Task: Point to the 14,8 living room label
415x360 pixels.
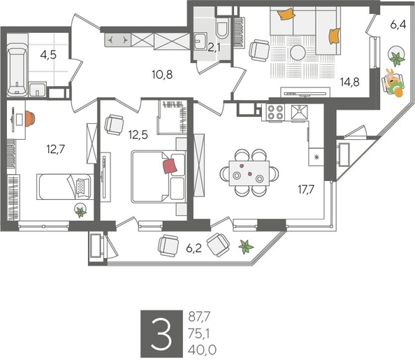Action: point(350,81)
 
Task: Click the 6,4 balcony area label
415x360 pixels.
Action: point(398,24)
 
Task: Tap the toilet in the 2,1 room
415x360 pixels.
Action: point(223,29)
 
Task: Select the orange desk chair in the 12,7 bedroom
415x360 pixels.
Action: point(32,118)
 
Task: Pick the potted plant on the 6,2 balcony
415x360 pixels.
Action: point(245,245)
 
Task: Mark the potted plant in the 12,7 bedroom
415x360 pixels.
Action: point(81,211)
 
